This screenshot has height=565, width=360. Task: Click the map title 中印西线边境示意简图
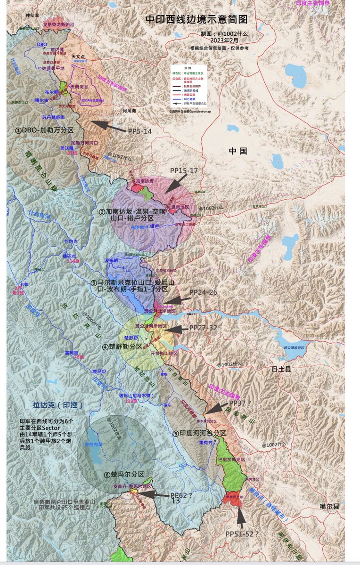(196, 19)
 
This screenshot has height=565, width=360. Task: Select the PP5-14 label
(140, 131)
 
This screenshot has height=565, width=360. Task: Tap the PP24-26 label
(203, 292)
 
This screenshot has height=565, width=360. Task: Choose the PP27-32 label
(203, 327)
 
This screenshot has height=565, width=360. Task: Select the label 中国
(238, 151)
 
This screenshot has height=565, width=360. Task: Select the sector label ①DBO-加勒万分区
(44, 130)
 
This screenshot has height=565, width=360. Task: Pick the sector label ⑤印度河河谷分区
(199, 433)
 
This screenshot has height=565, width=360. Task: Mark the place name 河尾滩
(129, 111)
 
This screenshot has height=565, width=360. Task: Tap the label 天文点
(78, 56)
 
